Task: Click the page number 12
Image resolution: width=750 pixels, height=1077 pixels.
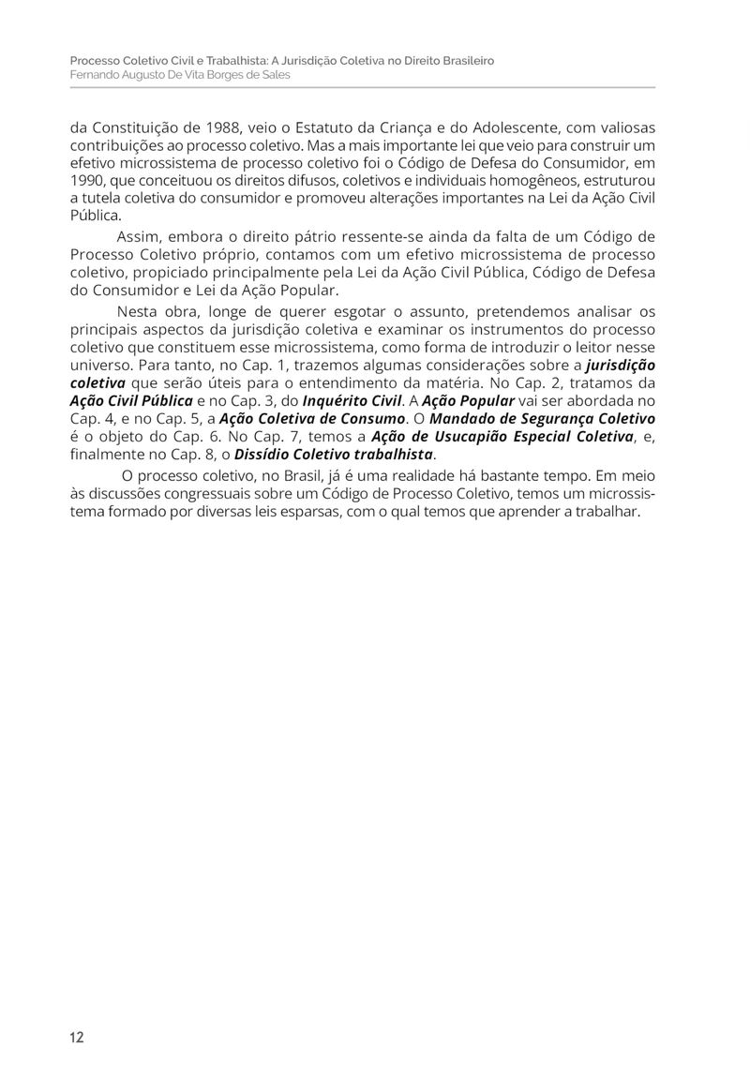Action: click(76, 1037)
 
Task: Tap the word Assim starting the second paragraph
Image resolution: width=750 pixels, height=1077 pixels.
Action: click(138, 236)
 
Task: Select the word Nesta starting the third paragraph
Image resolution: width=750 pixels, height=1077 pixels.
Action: click(139, 311)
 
